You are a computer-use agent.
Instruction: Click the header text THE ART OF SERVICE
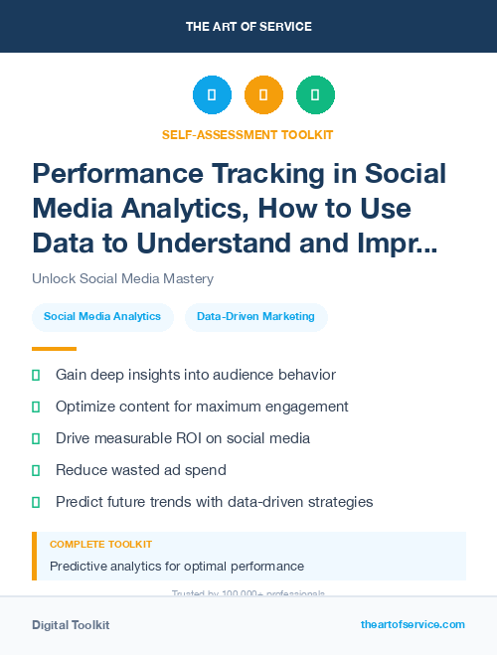pyautogui.click(x=248, y=26)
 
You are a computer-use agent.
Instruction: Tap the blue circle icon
pyautogui.click(x=212, y=95)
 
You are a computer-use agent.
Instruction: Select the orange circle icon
pyautogui.click(x=263, y=95)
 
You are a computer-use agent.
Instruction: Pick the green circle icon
pyautogui.click(x=315, y=95)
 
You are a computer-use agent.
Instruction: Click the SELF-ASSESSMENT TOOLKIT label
pyautogui.click(x=248, y=134)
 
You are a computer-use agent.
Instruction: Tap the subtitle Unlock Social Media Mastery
pyautogui.click(x=122, y=279)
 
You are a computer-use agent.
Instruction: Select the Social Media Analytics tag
pyautogui.click(x=102, y=317)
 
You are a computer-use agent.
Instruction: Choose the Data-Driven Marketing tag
pyautogui.click(x=255, y=317)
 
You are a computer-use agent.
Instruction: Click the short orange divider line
pyautogui.click(x=54, y=349)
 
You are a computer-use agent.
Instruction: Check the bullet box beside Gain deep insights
pyautogui.click(x=37, y=375)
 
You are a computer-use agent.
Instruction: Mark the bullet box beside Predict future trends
pyautogui.click(x=37, y=502)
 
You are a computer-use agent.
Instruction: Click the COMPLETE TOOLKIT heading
pyautogui.click(x=100, y=545)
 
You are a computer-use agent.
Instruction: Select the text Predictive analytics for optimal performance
pyautogui.click(x=176, y=567)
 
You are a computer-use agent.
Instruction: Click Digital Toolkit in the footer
pyautogui.click(x=71, y=625)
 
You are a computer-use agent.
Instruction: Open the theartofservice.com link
pyautogui.click(x=413, y=625)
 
